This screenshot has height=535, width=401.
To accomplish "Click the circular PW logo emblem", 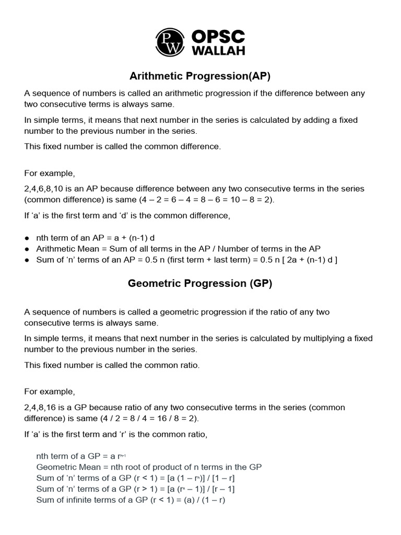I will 170,42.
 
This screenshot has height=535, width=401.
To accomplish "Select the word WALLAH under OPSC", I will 218,51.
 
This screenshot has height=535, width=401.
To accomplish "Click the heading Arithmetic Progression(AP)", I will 200,76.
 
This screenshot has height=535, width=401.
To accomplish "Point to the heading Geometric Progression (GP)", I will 200,284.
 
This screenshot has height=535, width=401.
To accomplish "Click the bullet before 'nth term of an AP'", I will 27,238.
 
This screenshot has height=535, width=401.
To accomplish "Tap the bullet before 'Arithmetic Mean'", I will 27,249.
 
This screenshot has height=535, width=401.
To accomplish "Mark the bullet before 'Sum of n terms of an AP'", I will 27,260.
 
